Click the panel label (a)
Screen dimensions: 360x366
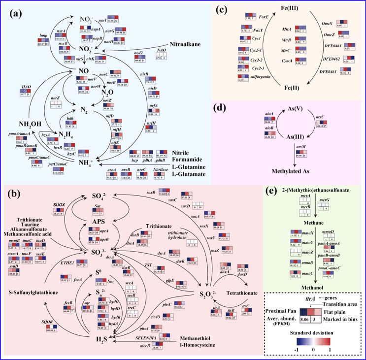(x=15, y=13)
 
